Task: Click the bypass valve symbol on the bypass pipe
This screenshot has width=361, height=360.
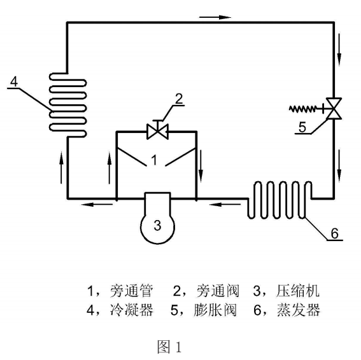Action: [156, 132]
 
